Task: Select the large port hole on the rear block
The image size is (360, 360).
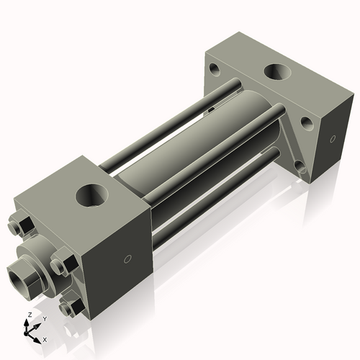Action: pos(276,72)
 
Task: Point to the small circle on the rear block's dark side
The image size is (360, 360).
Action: pos(333,139)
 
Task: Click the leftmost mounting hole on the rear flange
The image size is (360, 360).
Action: pos(215,70)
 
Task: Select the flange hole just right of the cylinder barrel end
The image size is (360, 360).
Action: pos(307,123)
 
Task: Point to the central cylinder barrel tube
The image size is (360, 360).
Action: pos(180,144)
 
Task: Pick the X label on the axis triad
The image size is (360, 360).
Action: pos(45,338)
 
